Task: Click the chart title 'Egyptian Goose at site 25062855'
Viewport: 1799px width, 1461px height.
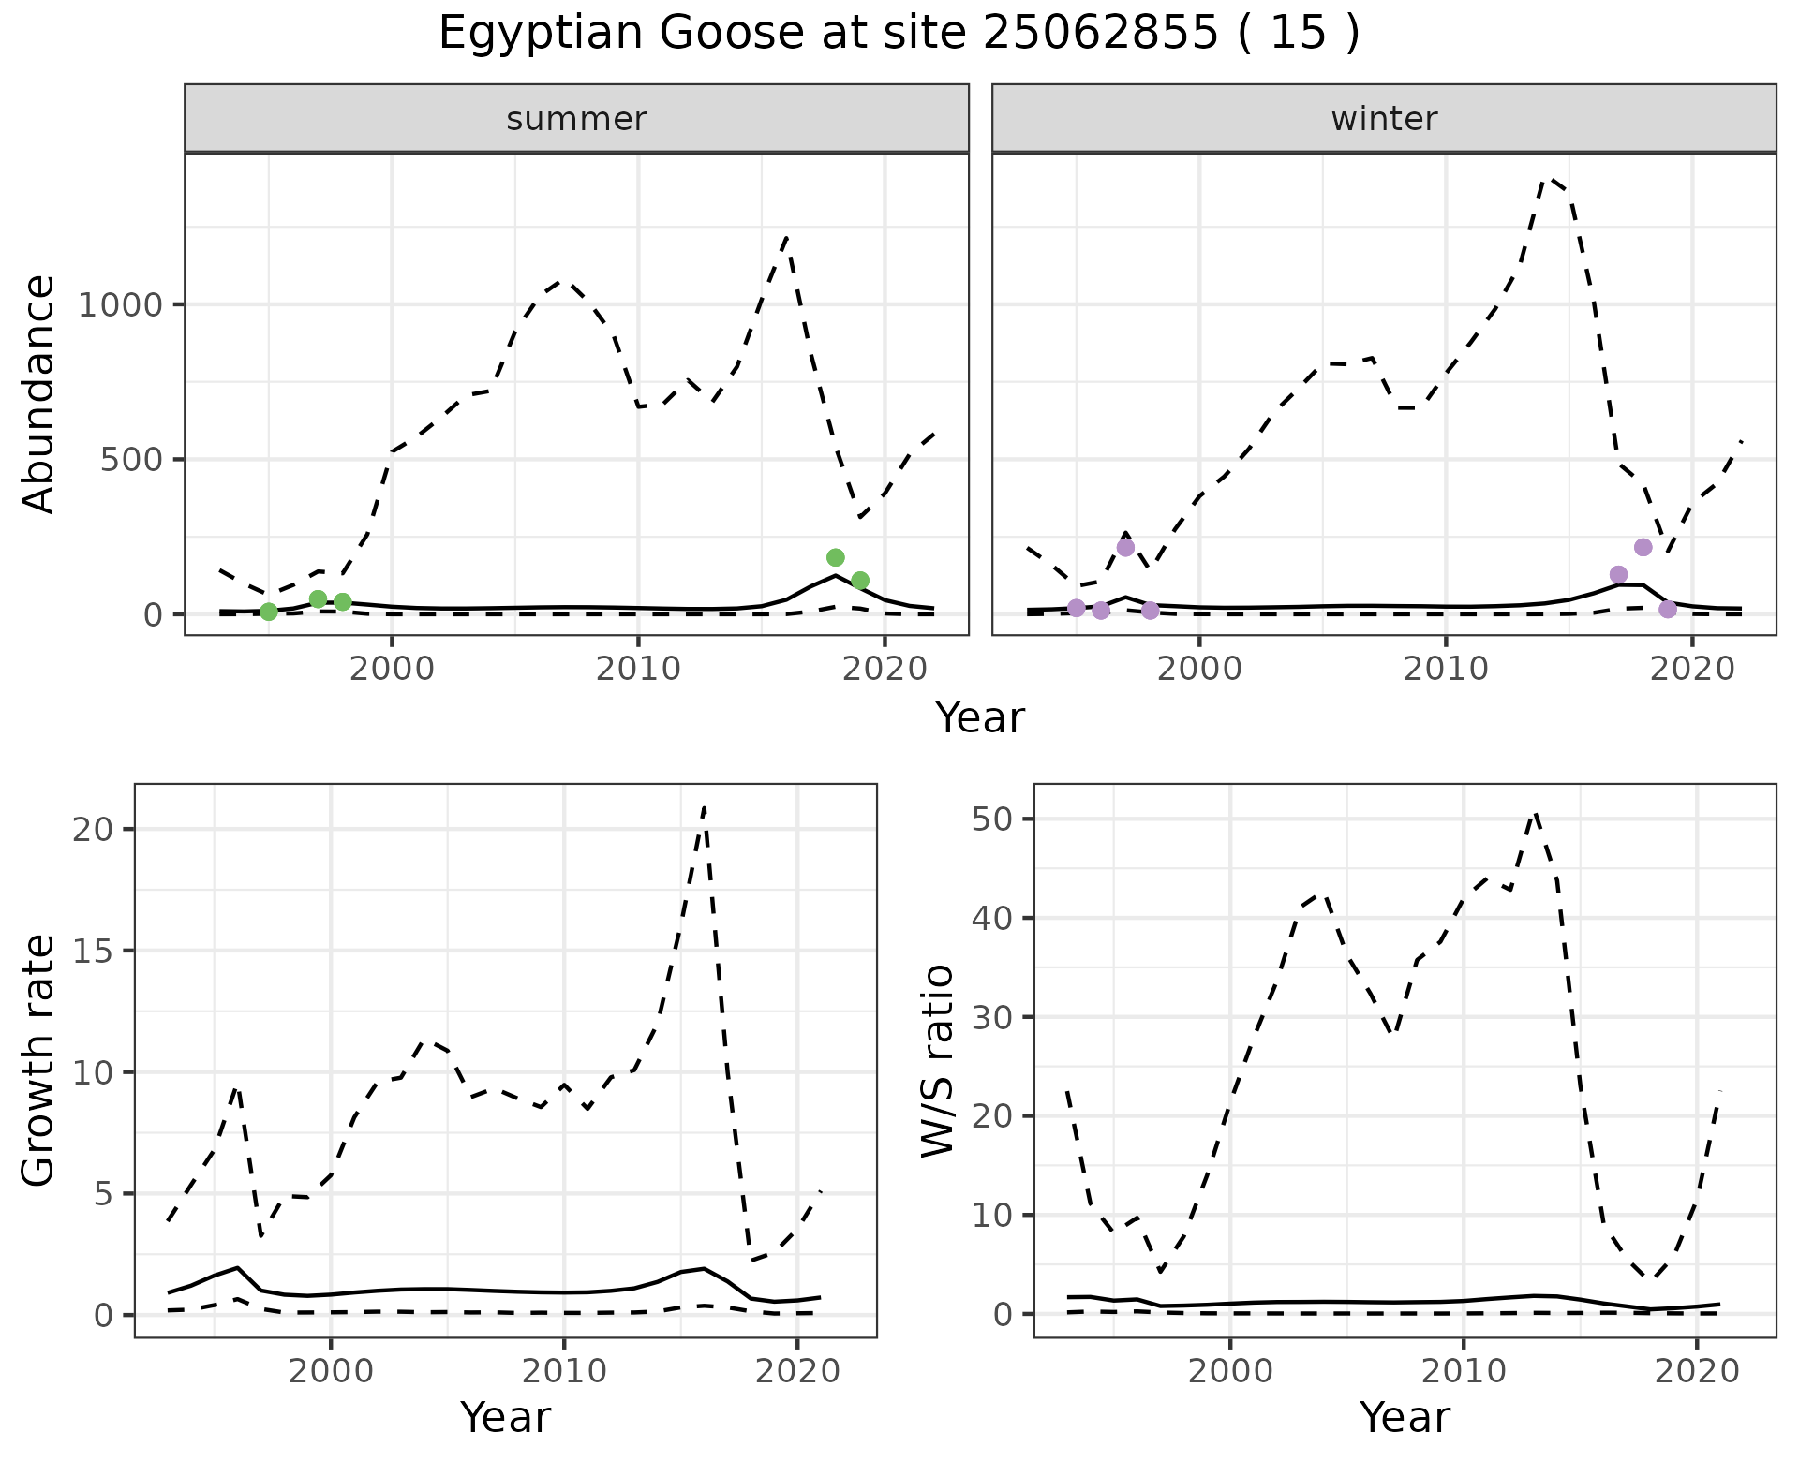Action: click(898, 34)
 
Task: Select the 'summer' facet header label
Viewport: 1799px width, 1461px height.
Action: click(576, 119)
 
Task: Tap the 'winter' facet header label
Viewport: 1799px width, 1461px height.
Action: click(1384, 119)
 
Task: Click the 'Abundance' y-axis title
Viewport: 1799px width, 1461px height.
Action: click(39, 393)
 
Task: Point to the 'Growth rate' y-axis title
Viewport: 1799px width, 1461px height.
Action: click(39, 1060)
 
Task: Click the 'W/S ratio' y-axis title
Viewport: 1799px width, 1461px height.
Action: click(938, 1060)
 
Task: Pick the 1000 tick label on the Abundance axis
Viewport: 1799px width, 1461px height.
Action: click(120, 305)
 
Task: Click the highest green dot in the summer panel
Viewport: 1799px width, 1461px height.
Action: click(836, 557)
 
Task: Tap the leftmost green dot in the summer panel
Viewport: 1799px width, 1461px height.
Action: click(269, 612)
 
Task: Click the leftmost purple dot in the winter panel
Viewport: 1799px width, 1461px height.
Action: click(1077, 608)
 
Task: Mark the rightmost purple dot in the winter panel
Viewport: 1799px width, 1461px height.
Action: click(1668, 610)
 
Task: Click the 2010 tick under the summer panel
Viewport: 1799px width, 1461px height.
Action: click(638, 669)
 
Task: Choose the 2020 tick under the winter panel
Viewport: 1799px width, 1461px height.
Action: click(1691, 669)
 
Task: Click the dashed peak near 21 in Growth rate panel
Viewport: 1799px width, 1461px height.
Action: click(704, 807)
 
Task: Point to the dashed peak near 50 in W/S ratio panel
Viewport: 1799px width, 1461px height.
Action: click(1534, 814)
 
